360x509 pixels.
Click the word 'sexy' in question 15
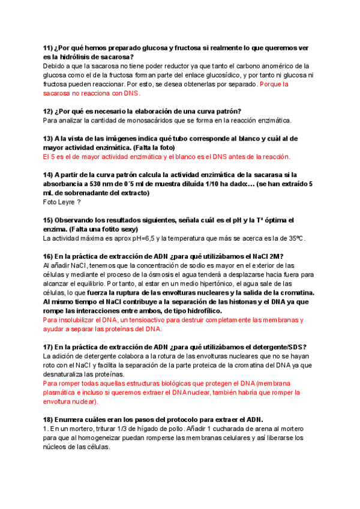(x=125, y=229)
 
